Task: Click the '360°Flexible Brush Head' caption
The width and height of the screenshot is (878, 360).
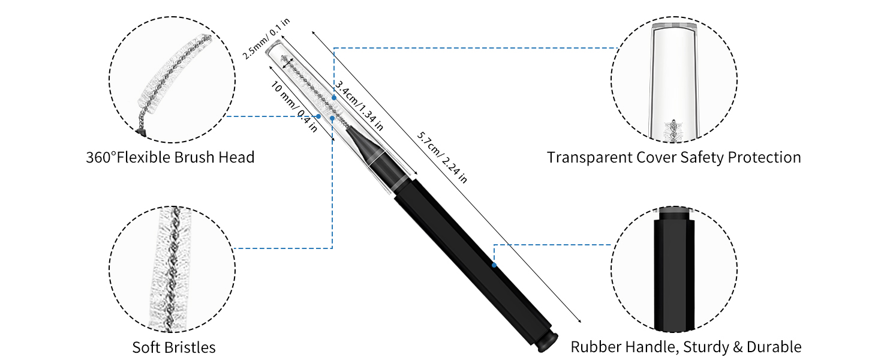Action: (170, 158)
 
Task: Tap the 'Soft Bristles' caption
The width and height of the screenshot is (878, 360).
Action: (174, 347)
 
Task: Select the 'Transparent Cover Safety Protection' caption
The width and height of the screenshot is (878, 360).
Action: (673, 158)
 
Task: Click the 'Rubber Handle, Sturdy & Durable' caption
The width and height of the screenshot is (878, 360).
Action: (686, 347)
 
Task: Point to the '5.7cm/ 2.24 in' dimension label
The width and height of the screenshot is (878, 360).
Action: (442, 158)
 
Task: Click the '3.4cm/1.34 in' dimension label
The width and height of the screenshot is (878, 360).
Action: (359, 106)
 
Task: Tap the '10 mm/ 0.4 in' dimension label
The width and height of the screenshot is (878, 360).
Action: (294, 107)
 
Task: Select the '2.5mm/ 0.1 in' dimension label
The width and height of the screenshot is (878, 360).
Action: (266, 38)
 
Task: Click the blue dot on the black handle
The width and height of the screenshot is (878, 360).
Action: (494, 265)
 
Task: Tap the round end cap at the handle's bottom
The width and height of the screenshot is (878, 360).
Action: (547, 343)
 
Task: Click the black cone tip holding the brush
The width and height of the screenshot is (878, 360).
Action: (363, 145)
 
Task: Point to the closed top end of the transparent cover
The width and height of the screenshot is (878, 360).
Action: (273, 47)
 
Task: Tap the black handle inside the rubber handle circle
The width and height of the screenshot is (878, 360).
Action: (674, 271)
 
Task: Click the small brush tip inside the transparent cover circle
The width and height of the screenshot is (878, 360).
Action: (673, 131)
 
